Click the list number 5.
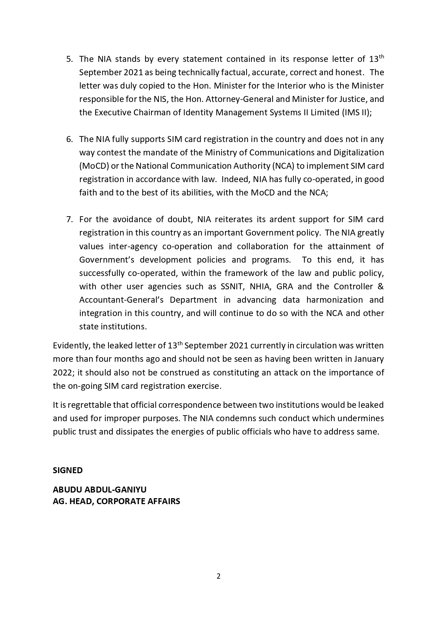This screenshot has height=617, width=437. (69, 59)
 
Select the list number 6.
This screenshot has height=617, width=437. (69, 139)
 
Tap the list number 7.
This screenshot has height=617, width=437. (69, 219)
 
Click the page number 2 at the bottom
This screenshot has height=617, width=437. (218, 576)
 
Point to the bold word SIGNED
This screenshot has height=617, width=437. (68, 470)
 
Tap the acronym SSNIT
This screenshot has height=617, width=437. (232, 287)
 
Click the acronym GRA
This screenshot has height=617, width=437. (285, 287)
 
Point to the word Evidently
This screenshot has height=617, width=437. (71, 346)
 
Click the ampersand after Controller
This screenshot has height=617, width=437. (380, 287)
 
